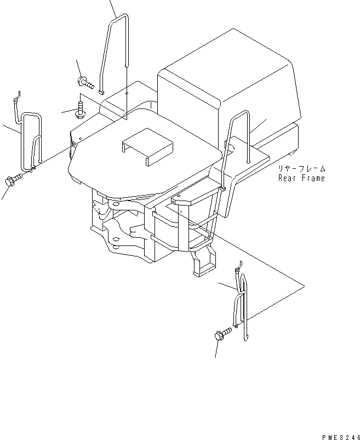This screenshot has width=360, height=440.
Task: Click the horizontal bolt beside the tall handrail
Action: click(85, 83)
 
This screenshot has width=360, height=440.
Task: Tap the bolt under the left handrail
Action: click(13, 179)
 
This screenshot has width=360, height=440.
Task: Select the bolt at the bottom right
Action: click(223, 334)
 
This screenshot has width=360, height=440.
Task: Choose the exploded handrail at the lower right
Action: click(242, 307)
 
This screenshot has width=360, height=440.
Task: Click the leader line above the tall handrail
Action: click(113, 8)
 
